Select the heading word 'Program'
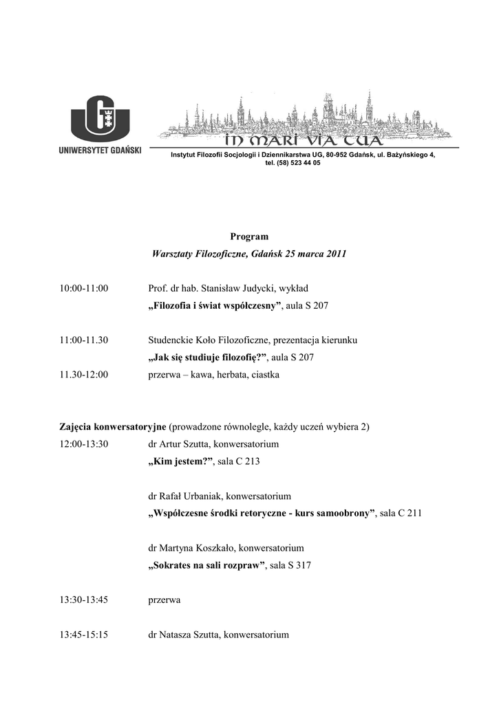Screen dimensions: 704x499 tap(249, 236)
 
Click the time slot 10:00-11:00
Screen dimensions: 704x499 tap(84, 287)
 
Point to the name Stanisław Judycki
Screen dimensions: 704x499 tap(224, 287)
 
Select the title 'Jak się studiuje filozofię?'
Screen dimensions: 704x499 tap(209, 357)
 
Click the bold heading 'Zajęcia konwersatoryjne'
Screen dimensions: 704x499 tap(113, 426)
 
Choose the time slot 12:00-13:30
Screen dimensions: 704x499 tap(84, 443)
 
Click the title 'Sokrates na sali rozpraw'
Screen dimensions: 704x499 tap(207, 565)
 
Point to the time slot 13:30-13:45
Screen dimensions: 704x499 tap(84, 599)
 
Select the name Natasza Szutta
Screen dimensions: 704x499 tap(189, 635)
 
